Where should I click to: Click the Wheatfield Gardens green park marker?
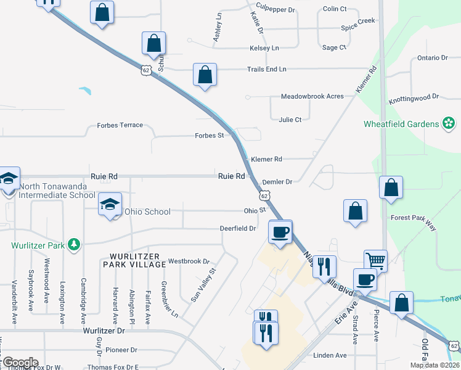click(449, 124)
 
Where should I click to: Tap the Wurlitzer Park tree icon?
click(75, 245)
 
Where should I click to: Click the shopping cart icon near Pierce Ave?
click(375, 261)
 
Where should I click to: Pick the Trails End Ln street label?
click(266, 69)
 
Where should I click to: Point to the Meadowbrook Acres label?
click(312, 97)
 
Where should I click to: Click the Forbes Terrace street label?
click(120, 125)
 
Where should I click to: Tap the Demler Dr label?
click(277, 182)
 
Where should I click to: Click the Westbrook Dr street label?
click(189, 261)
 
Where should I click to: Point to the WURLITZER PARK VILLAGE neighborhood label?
click(138, 260)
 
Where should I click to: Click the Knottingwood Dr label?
click(413, 97)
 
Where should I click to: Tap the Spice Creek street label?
click(357, 21)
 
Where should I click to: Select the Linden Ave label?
click(330, 355)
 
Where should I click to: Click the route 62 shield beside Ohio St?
click(264, 195)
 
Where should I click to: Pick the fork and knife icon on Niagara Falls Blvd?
click(324, 266)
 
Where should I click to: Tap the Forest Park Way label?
click(413, 223)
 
